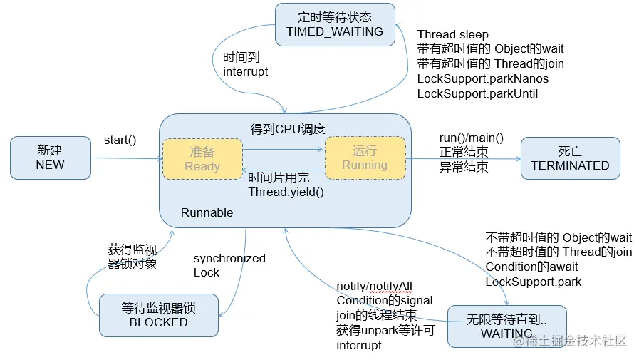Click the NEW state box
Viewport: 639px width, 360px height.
click(50, 158)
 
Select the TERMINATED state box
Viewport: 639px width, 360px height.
click(570, 158)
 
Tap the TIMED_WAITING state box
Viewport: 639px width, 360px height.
click(334, 25)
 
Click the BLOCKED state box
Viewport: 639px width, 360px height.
click(158, 315)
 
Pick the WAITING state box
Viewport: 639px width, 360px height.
click(506, 326)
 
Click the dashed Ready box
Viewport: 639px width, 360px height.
click(202, 159)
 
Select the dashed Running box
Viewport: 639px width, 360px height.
click(365, 158)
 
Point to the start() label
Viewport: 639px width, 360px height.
click(120, 140)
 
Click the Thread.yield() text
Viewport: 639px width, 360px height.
click(281, 192)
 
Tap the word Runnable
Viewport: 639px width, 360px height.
click(207, 212)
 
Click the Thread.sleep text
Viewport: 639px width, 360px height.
click(453, 35)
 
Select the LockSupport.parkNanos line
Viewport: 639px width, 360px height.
click(483, 79)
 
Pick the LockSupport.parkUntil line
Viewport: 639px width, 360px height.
click(477, 93)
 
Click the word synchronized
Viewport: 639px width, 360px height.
click(229, 258)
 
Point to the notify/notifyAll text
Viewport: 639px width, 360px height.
click(375, 286)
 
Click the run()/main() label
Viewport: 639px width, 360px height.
click(471, 138)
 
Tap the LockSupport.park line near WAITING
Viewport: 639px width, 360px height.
click(533, 282)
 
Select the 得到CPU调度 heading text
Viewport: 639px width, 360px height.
click(287, 129)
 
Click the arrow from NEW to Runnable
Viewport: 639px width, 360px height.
click(124, 158)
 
